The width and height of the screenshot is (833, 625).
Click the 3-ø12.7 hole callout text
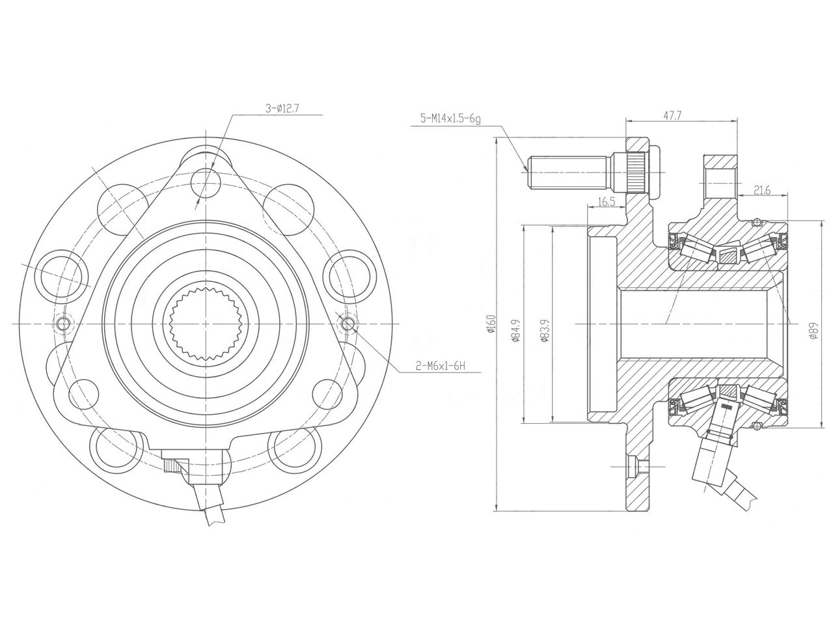(282, 109)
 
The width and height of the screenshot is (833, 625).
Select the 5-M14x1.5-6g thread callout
(450, 118)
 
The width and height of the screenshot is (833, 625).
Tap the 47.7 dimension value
(672, 115)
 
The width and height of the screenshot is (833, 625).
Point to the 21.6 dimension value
(761, 190)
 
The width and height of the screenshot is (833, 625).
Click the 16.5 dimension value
(606, 202)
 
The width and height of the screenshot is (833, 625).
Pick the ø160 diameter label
(491, 324)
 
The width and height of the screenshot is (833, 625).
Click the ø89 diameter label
(813, 331)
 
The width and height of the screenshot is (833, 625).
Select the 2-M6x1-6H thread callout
(441, 366)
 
